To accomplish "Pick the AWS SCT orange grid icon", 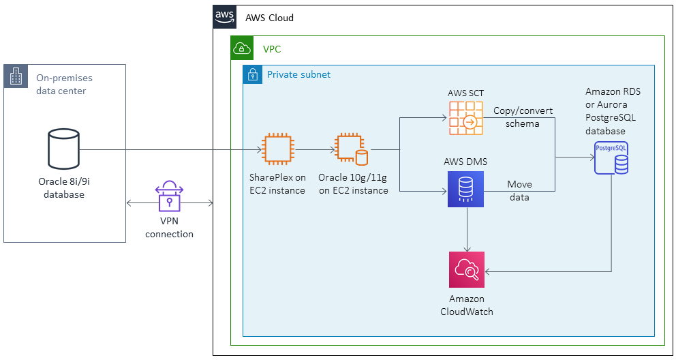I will pos(465,118).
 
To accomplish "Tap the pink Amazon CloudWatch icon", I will pos(466,270).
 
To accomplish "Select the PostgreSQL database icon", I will pos(610,158).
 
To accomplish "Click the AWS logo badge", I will pos(224,17).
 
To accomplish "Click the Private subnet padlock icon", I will pos(252,74).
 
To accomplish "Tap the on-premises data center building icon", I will pos(15,76).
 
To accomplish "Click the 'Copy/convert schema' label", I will pos(523,117).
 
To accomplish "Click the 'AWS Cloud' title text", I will pos(269,18).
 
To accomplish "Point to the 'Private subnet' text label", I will pos(298,74).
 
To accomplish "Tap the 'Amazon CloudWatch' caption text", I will pos(466,305).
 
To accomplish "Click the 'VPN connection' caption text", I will pos(170,228).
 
